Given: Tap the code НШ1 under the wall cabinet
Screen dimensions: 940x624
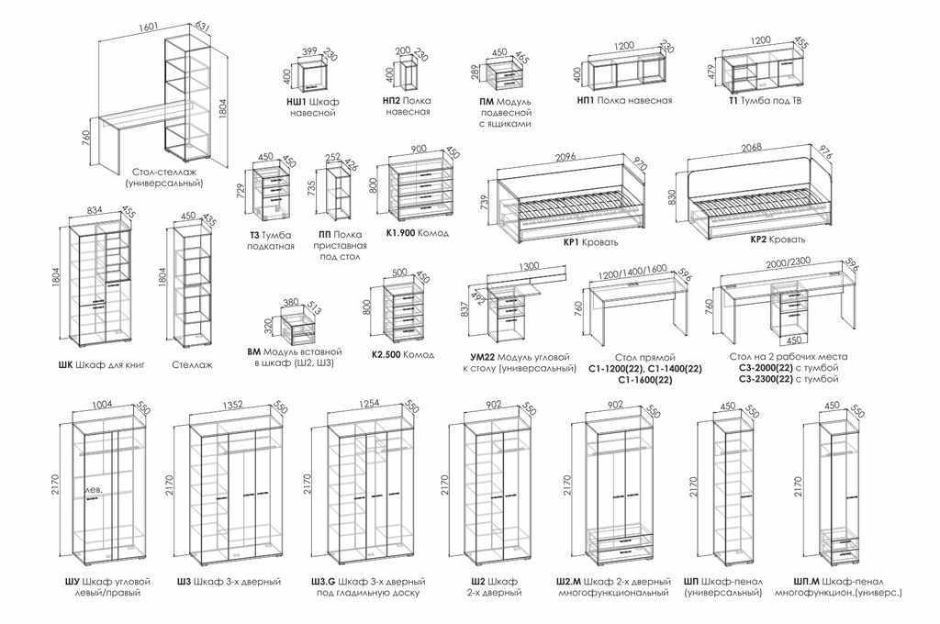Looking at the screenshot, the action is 297,101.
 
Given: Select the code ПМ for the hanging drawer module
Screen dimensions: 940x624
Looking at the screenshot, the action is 487,101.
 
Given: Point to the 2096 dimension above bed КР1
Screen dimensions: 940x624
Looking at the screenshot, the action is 565,157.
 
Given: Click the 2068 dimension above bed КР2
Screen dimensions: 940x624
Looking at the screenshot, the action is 752,148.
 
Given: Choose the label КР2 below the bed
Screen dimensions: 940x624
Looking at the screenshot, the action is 758,240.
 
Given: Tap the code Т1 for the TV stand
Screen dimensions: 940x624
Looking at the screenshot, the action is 733,101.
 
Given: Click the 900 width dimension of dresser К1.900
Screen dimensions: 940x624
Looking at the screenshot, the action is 419,149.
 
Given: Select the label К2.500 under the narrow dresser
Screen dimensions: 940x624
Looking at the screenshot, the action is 386,355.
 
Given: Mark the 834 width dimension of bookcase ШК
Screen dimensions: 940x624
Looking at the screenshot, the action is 95,210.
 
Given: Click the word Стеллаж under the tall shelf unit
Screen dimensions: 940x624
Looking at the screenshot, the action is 192,364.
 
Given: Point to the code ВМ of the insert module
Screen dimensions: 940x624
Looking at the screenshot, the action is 253,351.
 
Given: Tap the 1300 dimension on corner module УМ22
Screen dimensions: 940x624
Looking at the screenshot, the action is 528,266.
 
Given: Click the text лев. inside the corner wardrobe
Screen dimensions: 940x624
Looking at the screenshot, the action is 94,490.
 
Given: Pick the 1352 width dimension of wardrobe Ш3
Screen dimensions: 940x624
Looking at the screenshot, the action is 232,405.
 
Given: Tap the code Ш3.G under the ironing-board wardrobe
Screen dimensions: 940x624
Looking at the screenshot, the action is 323,582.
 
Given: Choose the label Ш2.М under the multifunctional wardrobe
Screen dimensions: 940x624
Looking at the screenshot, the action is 569,582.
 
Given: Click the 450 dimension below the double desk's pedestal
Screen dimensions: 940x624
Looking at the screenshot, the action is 793,340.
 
